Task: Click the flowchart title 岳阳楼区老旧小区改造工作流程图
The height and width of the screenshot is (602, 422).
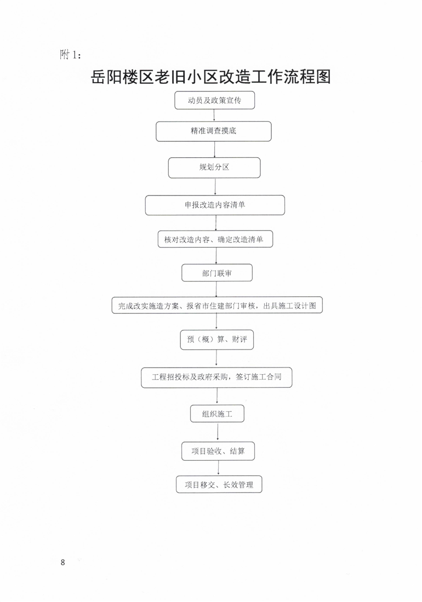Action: (x=210, y=77)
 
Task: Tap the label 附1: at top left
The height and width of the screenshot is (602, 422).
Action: (x=70, y=55)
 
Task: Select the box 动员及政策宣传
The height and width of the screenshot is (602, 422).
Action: (x=215, y=100)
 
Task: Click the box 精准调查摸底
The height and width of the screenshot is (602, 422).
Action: (x=214, y=131)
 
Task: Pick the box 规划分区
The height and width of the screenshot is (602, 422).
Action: (x=214, y=168)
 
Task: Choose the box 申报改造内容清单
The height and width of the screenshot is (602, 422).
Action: (x=215, y=205)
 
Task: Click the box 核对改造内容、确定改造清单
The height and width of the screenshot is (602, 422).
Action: (x=215, y=239)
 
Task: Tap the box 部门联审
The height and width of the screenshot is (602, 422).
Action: (x=217, y=273)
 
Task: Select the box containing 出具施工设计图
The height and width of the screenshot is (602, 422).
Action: (x=217, y=305)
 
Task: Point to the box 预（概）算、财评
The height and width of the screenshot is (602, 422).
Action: (x=217, y=340)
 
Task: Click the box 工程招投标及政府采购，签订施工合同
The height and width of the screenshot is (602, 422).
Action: (x=216, y=377)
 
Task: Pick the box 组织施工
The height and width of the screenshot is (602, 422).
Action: (x=218, y=414)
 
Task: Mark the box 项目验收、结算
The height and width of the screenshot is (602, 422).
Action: (x=218, y=451)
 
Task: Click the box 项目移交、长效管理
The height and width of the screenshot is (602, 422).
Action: (x=219, y=485)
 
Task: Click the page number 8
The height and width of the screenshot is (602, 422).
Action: (x=63, y=563)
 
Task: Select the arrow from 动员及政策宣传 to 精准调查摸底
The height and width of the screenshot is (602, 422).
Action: (x=214, y=115)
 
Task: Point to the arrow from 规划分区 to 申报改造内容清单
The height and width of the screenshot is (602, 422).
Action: (x=215, y=187)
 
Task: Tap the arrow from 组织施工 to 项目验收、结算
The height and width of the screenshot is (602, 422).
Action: (x=218, y=432)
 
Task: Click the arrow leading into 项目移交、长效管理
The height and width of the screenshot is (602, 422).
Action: (x=219, y=468)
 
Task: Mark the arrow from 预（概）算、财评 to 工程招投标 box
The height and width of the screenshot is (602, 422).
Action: (x=216, y=359)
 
